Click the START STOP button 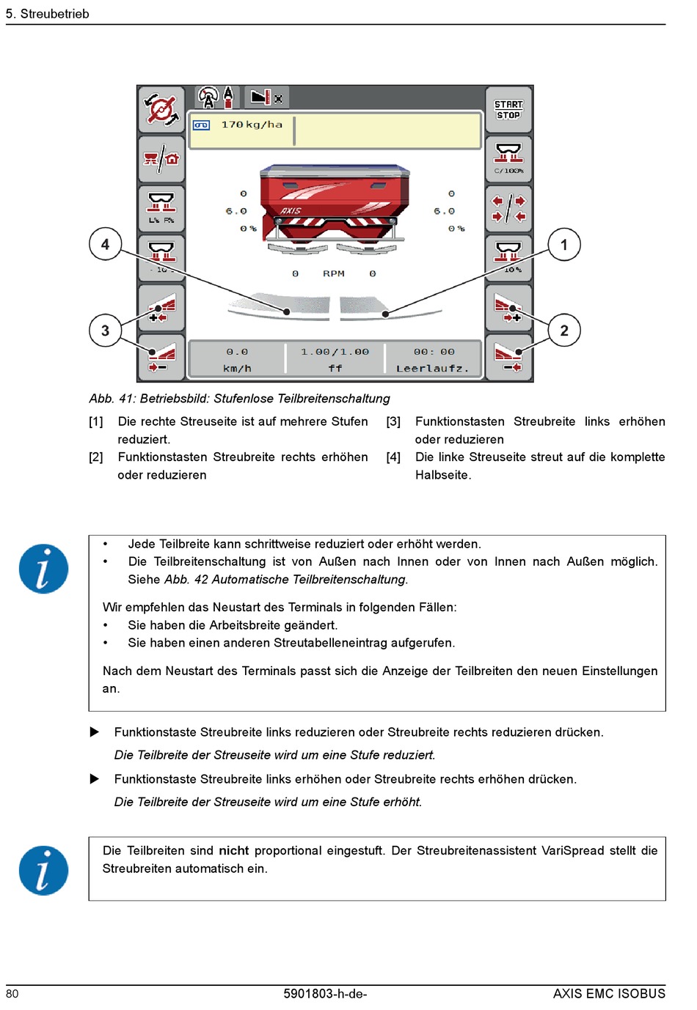tap(508, 110)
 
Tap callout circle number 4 tap(105, 244)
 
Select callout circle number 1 tap(564, 245)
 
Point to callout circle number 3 tap(105, 331)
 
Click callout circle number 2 tap(564, 331)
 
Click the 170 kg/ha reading tap(252, 125)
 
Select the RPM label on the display tap(334, 273)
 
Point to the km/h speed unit tap(237, 368)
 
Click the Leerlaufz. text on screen tap(432, 368)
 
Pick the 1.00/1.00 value tap(335, 352)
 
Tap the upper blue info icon tap(43, 569)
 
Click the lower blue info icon tap(43, 871)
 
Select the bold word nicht tap(233, 850)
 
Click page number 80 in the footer tap(12, 994)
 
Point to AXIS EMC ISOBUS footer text tap(609, 994)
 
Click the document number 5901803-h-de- tap(325, 994)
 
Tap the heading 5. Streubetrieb tap(48, 14)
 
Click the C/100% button tap(508, 158)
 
